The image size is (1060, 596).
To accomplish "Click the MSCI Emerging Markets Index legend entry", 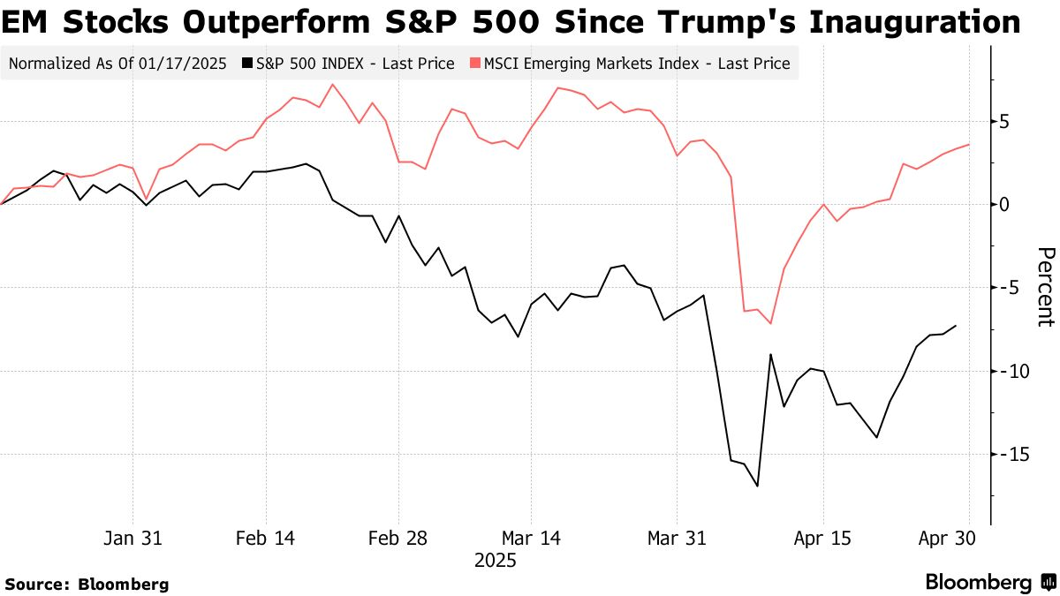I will tap(636, 64).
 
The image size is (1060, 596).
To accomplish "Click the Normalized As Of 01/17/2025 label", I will tap(117, 64).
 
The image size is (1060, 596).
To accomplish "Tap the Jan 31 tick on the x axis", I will tap(133, 538).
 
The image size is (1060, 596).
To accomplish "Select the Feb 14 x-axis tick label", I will tap(266, 538).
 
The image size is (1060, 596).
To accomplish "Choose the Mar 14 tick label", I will tap(531, 538).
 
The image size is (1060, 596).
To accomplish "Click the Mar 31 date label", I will tap(677, 538).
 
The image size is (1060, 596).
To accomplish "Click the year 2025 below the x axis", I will tap(495, 560).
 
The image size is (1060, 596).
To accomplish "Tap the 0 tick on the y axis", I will tap(1005, 204).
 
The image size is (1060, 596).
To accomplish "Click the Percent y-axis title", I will tap(1044, 287).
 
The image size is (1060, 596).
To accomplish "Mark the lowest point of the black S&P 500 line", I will tap(757, 486).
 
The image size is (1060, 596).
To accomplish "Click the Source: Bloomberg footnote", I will tap(87, 584).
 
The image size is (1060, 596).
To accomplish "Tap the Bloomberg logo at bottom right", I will tap(989, 583).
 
